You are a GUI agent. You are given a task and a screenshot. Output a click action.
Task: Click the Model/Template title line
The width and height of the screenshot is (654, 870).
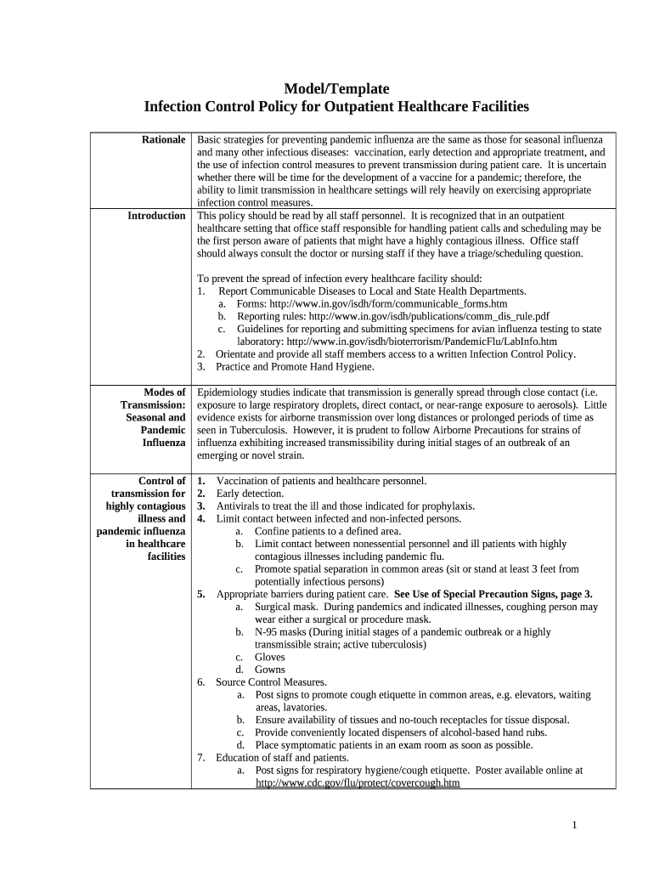coord(335,88)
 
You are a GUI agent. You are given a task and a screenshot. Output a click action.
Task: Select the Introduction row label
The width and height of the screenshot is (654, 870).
coord(156,216)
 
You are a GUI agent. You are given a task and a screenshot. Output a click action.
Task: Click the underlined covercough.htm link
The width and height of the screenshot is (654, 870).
coord(358,783)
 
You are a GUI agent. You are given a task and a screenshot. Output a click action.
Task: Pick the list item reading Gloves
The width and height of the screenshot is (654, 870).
coord(270,657)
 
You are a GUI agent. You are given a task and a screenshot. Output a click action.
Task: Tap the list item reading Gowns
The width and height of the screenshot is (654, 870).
coord(270,669)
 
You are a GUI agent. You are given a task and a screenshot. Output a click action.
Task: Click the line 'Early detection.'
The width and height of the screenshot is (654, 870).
coord(250,494)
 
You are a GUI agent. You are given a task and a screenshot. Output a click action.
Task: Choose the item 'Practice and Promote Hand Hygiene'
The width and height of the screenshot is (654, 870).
coord(294,367)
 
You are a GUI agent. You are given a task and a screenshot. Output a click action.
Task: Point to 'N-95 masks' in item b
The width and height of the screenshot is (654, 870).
coord(280,632)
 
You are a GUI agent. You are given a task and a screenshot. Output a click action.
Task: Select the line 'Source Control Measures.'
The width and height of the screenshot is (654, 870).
coord(271,682)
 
